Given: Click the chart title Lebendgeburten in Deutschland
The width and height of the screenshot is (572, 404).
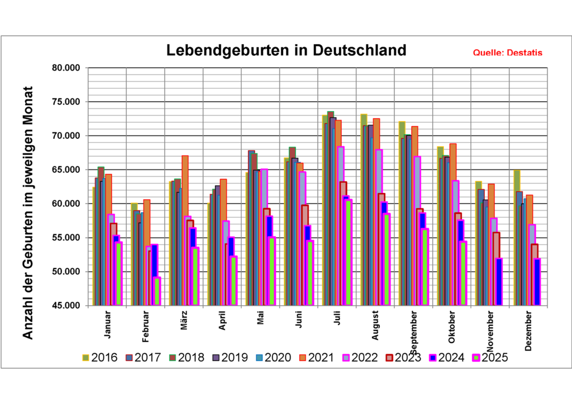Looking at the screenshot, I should [287, 50].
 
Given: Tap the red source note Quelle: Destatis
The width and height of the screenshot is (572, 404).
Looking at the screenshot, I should [507, 53].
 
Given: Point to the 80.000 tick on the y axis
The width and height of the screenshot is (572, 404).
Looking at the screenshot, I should [65, 68].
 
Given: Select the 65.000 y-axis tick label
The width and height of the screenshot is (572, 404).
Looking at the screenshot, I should [65, 170].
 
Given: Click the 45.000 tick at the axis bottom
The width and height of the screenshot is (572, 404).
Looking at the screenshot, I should [65, 306].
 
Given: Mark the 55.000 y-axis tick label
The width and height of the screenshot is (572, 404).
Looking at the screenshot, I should [65, 238].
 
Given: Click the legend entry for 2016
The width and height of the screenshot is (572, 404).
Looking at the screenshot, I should [99, 358].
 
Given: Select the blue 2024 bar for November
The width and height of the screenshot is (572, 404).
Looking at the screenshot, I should [499, 282].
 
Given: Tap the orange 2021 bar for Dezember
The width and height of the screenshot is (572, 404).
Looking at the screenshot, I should [529, 218].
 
